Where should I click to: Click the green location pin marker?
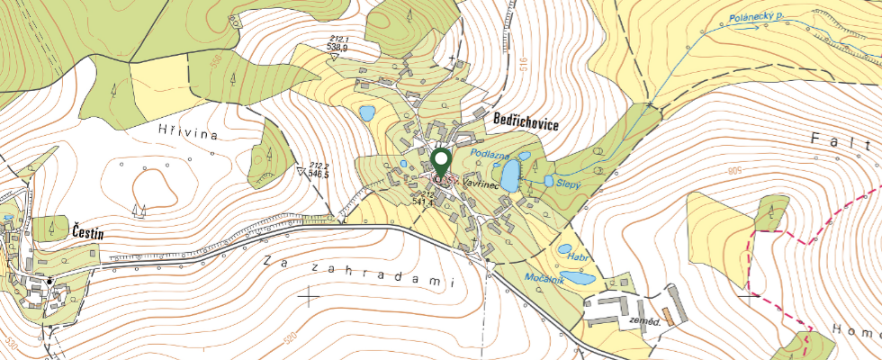coord(441,164)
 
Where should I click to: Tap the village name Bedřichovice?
coord(526,125)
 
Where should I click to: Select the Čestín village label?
coord(87,234)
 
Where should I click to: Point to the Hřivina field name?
coord(190,133)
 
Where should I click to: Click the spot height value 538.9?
coord(337,47)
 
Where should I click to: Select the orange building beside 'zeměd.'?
coord(666,314)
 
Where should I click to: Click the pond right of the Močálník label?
coord(580,279)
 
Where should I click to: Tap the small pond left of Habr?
coord(565,249)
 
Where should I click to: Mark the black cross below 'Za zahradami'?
coord(310,295)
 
